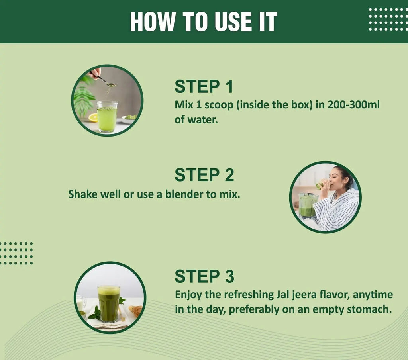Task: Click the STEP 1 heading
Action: pos(204,86)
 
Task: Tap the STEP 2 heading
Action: pos(204,175)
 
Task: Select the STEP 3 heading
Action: pos(204,276)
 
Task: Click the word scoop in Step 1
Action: pos(219,105)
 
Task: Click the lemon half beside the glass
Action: pos(93,118)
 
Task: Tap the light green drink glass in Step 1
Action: pos(107,117)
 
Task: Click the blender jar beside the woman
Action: pos(308,206)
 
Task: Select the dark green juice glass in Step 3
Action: pos(109,304)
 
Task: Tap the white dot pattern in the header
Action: pos(388,20)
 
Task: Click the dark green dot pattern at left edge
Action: pos(16,253)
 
